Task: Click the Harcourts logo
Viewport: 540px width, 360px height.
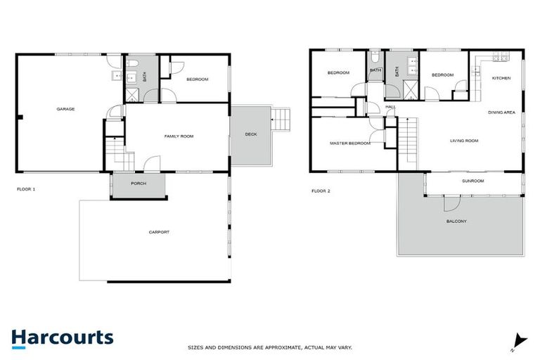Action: click(62, 337)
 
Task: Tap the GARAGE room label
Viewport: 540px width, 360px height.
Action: click(65, 109)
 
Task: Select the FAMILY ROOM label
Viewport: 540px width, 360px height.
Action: click(179, 136)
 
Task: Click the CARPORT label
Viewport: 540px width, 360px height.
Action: click(159, 232)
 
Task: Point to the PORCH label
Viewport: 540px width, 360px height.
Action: click(139, 184)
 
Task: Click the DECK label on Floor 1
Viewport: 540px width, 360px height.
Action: click(250, 134)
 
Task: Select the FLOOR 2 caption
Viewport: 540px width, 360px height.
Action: click(321, 191)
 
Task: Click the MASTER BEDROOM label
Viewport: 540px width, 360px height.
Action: click(349, 143)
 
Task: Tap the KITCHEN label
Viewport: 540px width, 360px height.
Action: click(501, 78)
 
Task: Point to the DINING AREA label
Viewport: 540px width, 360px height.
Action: click(502, 112)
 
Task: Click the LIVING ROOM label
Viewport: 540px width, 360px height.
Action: click(464, 141)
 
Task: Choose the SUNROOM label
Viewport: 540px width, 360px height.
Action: click(472, 181)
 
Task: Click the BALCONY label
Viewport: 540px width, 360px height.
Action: click(456, 221)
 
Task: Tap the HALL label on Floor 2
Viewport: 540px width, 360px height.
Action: click(390, 107)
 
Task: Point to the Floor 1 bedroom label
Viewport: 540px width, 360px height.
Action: click(198, 79)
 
